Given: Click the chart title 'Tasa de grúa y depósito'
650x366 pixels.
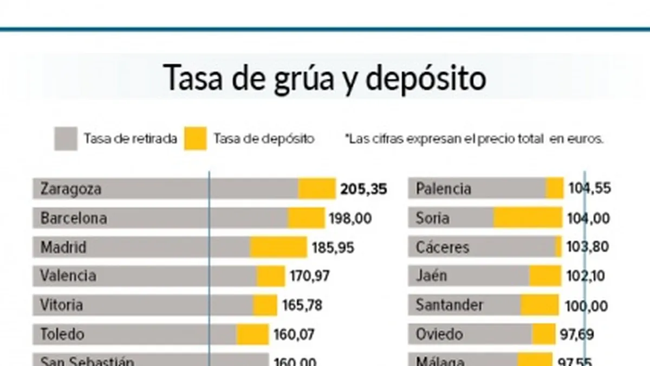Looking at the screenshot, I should tap(324, 78).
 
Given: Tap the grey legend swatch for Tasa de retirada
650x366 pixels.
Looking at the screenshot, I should tap(66, 139).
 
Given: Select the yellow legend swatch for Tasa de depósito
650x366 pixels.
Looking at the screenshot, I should tap(195, 139).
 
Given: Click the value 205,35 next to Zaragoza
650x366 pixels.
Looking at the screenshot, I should tap(363, 189).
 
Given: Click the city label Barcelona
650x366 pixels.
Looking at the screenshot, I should tap(73, 219).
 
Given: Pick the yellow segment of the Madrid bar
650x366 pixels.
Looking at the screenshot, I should tap(278, 247).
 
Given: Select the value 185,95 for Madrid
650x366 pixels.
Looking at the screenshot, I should tap(333, 248).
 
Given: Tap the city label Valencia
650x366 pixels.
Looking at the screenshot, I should tap(68, 276).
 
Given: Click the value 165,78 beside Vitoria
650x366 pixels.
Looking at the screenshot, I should tap(302, 305).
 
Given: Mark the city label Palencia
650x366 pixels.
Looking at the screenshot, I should tap(443, 189).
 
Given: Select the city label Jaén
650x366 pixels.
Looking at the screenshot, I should tap(431, 276).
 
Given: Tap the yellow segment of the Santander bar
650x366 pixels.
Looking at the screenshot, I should tap(539, 305).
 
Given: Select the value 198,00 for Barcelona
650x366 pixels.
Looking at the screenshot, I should tap(350, 219).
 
